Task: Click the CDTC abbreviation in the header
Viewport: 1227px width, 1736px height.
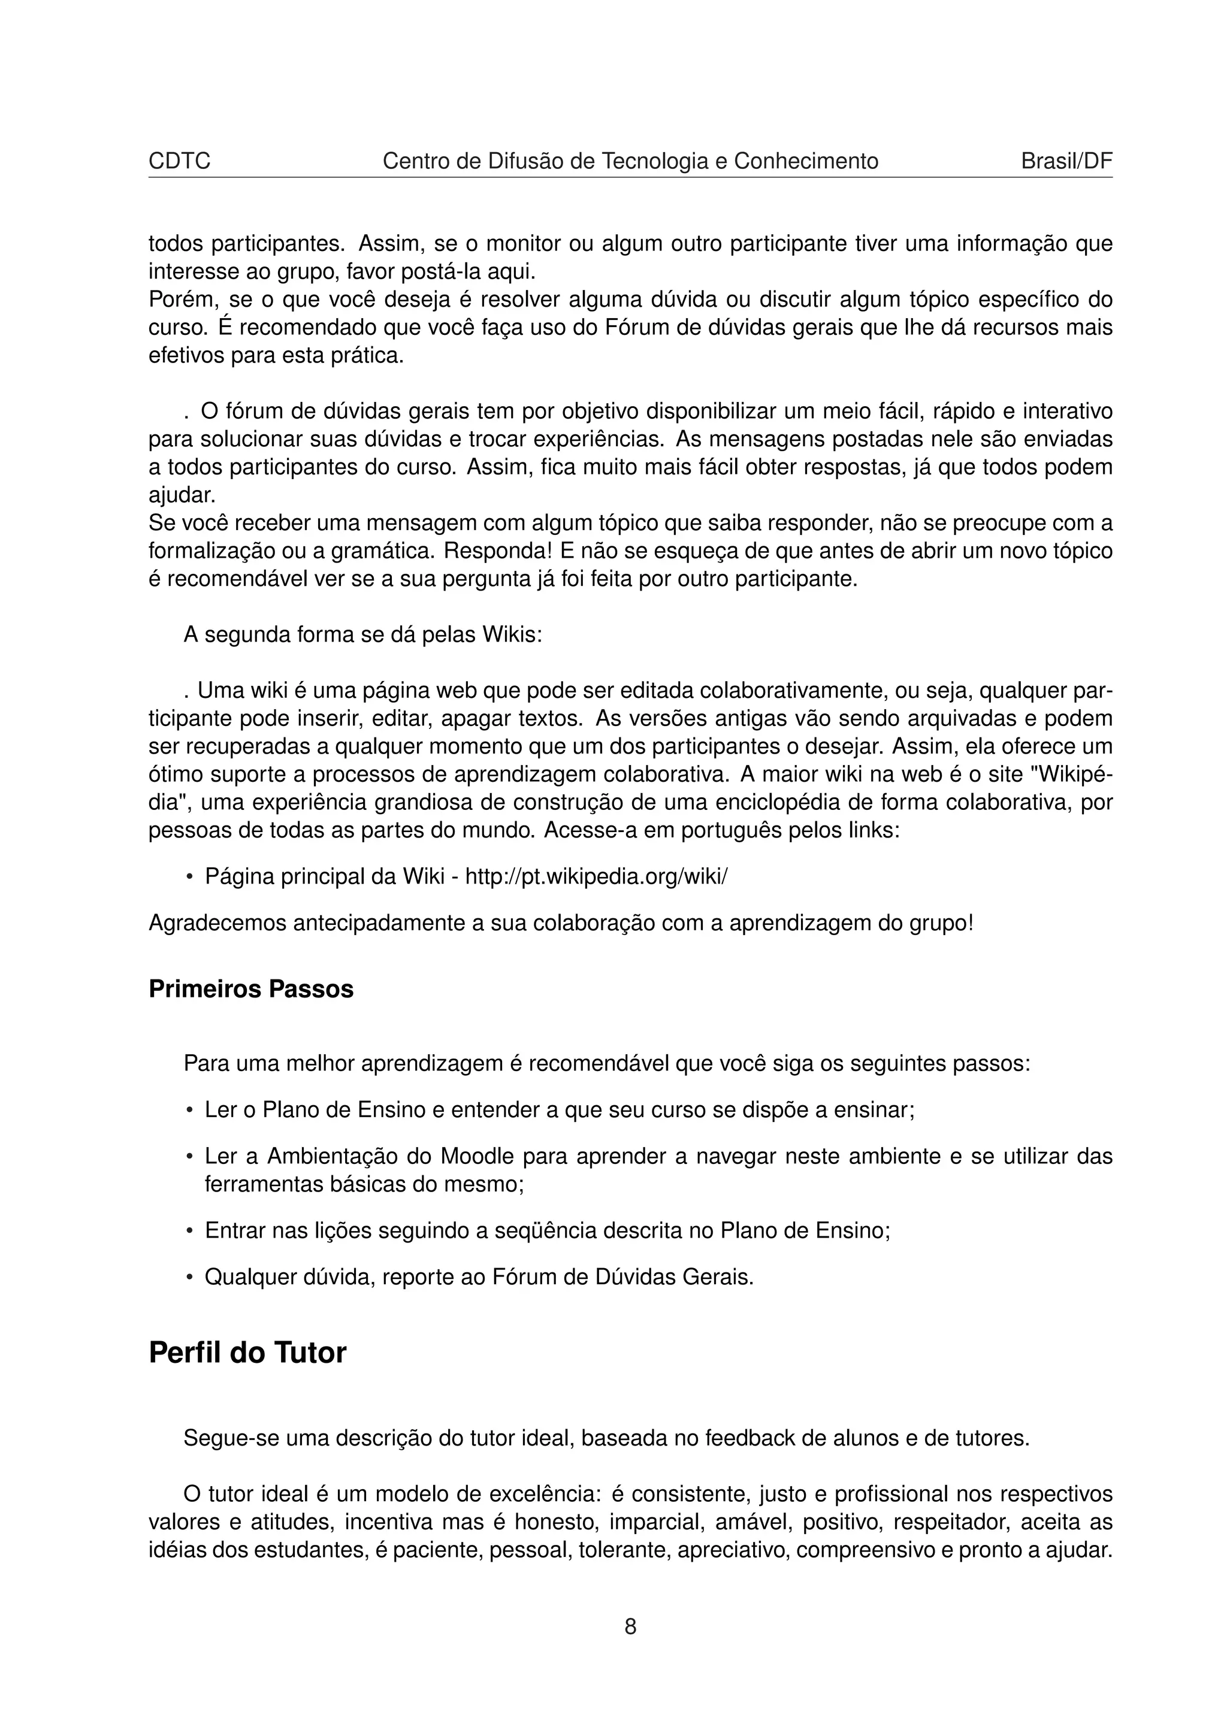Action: (179, 161)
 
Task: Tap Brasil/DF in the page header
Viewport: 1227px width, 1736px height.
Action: (1066, 161)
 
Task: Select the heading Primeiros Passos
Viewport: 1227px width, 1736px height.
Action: (251, 989)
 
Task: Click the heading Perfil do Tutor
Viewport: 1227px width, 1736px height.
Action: (247, 1353)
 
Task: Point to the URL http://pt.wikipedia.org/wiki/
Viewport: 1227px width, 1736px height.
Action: (597, 877)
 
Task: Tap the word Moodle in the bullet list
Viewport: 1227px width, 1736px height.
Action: (477, 1157)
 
